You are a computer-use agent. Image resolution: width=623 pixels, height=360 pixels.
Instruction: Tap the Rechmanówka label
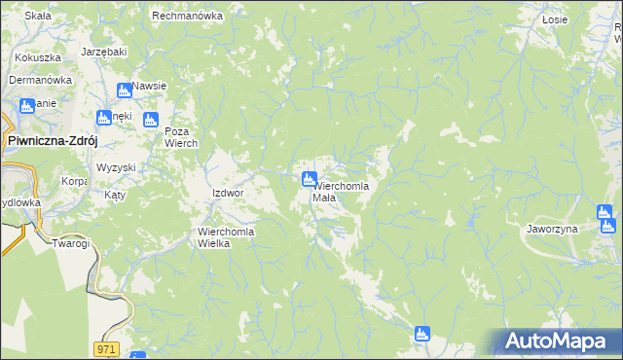tap(188, 17)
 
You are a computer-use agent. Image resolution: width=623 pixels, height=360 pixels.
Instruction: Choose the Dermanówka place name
tap(42, 80)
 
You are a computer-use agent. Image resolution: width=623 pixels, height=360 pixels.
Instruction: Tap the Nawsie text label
tap(149, 86)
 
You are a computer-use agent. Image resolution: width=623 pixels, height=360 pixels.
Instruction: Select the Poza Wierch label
tap(181, 137)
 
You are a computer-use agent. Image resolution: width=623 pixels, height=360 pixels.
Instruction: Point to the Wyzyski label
tap(116, 167)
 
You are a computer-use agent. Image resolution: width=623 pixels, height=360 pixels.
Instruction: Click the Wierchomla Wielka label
tap(227, 237)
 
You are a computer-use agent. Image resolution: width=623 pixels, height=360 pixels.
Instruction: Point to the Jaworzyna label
tap(551, 229)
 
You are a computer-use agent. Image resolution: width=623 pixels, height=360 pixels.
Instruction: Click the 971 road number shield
tap(107, 347)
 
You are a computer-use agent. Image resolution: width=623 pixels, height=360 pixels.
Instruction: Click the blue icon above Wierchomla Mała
tap(309, 179)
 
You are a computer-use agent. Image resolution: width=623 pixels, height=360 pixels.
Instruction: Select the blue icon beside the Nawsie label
tap(124, 90)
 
